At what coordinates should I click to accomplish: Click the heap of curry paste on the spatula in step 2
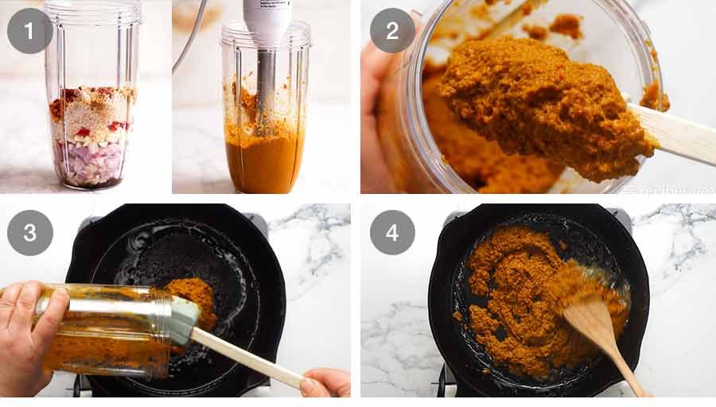[x=541, y=103]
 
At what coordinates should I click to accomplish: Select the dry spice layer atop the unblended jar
[x=94, y=107]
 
